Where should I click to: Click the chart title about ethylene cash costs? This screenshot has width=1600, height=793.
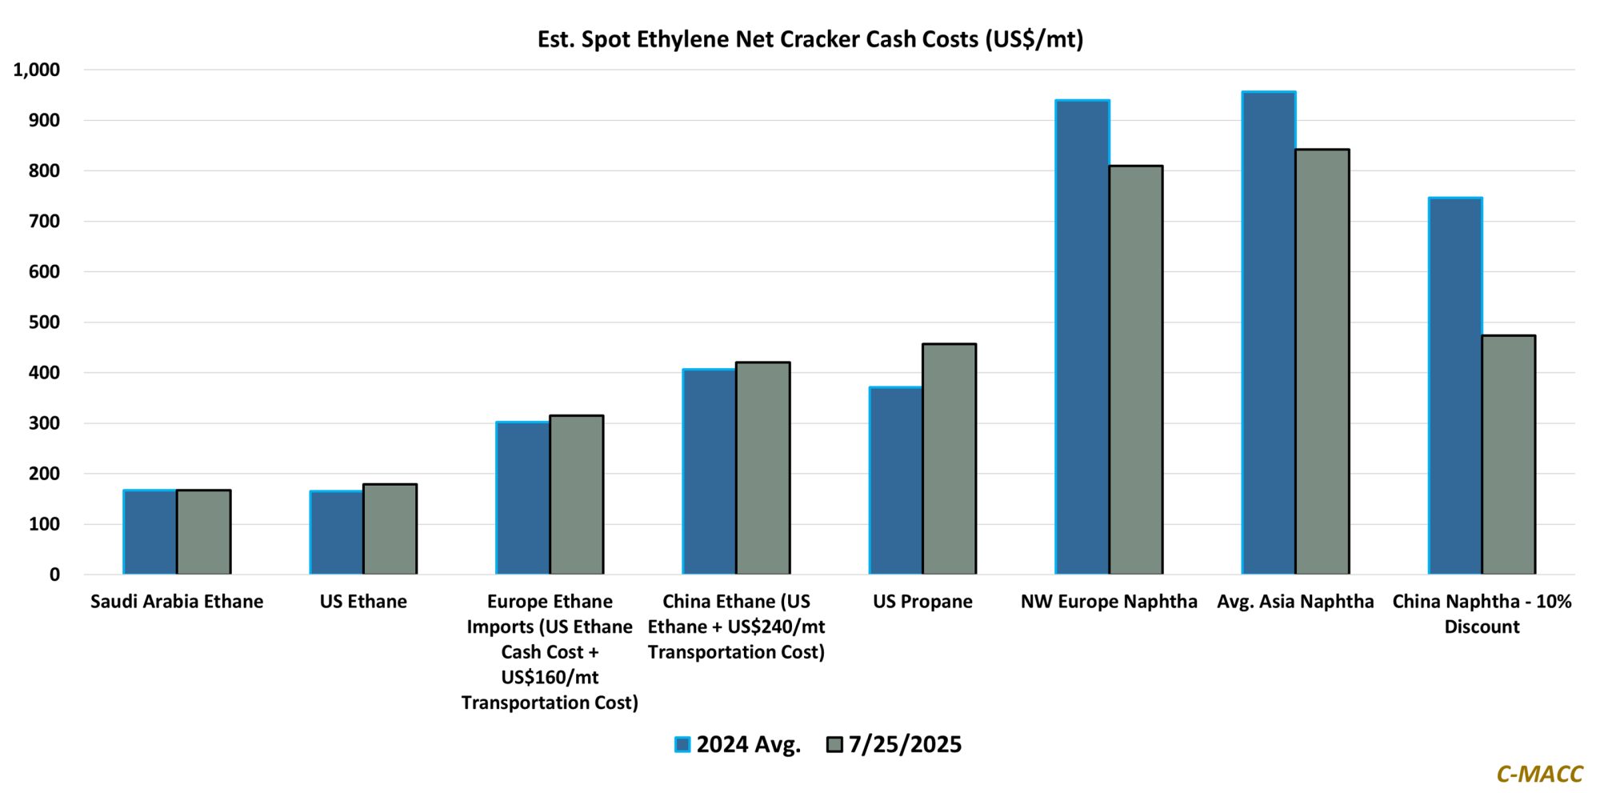tap(810, 39)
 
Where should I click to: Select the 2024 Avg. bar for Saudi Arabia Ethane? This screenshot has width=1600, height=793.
tap(150, 532)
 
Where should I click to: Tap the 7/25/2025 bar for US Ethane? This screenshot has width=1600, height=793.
tap(390, 529)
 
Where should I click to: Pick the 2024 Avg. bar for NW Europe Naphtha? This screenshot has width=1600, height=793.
tap(1082, 337)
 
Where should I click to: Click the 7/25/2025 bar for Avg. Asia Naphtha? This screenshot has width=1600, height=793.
tap(1322, 362)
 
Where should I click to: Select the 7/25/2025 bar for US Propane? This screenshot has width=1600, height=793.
tap(949, 459)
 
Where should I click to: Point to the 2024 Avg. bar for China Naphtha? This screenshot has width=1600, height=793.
tap(1455, 386)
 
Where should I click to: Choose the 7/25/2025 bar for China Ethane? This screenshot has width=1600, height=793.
tap(763, 468)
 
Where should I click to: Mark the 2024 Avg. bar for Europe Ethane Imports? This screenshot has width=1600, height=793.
tap(523, 498)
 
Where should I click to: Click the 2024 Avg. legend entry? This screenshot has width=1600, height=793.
tap(738, 744)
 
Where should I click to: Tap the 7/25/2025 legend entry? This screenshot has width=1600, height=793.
tap(894, 744)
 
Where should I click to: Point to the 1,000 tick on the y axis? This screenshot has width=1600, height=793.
tap(37, 70)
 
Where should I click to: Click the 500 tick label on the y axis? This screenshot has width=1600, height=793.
tap(45, 322)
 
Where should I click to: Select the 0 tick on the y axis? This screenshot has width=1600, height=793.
tap(54, 575)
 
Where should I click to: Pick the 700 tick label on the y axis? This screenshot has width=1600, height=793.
tap(45, 222)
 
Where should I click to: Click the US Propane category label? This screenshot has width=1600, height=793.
tap(922, 602)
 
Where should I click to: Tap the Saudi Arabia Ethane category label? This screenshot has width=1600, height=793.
tap(177, 602)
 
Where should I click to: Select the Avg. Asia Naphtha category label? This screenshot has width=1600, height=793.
tap(1295, 602)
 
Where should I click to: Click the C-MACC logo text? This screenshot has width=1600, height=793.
tap(1539, 774)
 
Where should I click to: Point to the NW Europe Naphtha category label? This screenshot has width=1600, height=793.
tap(1109, 602)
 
